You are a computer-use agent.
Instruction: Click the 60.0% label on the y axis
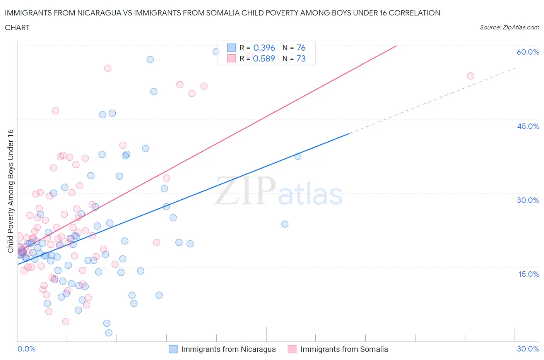pos(528,52)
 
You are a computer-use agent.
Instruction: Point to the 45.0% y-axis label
pos(528,127)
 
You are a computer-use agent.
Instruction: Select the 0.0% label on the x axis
pos(26,349)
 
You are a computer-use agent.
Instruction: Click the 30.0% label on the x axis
pos(528,349)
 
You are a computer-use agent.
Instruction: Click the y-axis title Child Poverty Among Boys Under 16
pos(10,191)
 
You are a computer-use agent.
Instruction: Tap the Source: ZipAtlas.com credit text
pos(509,27)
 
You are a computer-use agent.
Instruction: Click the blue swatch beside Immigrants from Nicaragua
pos(173,349)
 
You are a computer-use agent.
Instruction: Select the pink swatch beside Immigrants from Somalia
pos(292,349)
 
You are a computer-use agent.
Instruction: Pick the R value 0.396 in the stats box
pos(264,48)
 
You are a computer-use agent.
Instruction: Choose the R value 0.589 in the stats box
pos(264,58)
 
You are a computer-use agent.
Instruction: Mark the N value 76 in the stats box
pos(301,48)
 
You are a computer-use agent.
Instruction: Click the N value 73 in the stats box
pos(301,58)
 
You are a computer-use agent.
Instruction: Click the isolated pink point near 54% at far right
pos(470,76)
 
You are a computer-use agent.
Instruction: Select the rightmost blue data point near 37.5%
pos(298,156)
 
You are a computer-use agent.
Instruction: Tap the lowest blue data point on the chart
pos(109,333)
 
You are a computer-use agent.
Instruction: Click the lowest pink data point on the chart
pos(66,322)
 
